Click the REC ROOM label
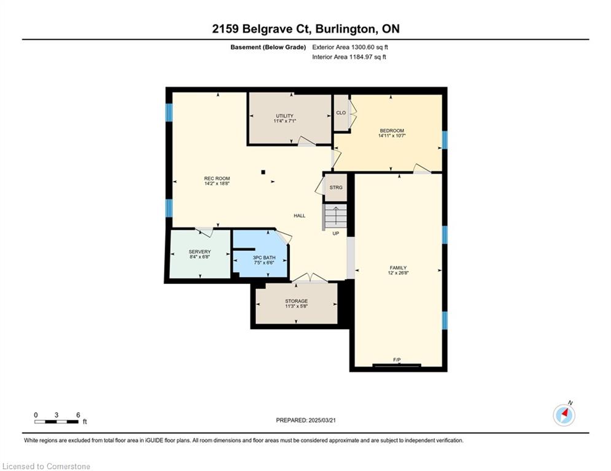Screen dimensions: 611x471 [x=217, y=178]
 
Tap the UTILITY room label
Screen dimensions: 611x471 [x=284, y=116]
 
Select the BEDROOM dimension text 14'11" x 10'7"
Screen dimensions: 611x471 [x=392, y=136]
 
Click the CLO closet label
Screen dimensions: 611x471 [x=341, y=113]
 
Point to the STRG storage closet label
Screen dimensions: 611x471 [x=336, y=188]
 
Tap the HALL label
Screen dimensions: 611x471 [x=300, y=216]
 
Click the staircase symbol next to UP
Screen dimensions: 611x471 [x=335, y=216]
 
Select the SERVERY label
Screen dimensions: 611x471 [x=200, y=252]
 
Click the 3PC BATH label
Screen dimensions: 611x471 [x=264, y=258]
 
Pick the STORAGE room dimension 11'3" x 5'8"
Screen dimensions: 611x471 [x=296, y=307]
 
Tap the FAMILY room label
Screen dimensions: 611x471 [x=399, y=268]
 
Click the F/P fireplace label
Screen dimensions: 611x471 [x=397, y=360]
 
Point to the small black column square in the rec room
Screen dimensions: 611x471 [x=263, y=172]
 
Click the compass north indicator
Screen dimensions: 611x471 [x=564, y=415]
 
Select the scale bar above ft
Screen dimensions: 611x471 [x=56, y=421]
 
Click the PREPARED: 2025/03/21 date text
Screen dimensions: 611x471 [x=306, y=420]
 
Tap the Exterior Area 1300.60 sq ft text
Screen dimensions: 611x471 [x=350, y=47]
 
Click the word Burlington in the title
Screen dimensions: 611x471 [x=346, y=29]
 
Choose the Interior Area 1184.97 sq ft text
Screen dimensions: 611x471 [x=349, y=57]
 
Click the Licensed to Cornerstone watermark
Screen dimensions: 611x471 [x=46, y=466]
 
